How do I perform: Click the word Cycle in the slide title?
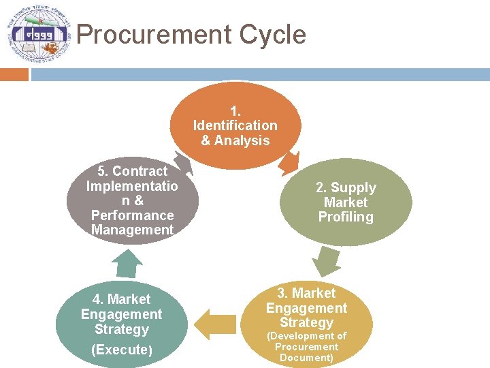coord(274,35)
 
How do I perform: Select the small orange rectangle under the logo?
coord(14,74)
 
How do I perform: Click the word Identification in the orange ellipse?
coord(235,125)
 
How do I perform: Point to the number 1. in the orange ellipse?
coord(235,110)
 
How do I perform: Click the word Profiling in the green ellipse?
coord(346,217)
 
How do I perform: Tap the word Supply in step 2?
coord(358,187)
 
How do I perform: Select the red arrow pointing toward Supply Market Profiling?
coord(290,162)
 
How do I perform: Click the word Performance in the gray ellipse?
coord(132,215)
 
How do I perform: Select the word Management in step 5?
coord(132,230)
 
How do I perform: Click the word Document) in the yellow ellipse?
coord(306,358)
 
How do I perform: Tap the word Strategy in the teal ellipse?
coord(122,330)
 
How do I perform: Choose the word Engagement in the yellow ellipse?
coord(306,308)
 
